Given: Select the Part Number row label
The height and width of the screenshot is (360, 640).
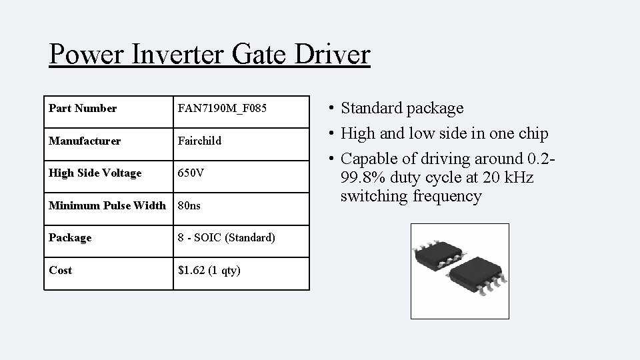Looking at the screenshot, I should pos(83,108).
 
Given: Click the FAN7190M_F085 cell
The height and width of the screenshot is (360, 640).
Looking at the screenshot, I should pos(222,108).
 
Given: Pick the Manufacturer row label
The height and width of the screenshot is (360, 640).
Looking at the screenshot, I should pos(85,141).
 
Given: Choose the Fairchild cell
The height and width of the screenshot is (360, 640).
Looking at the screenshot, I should pos(199,141).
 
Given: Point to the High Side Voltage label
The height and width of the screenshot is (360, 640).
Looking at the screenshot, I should pos(95,173).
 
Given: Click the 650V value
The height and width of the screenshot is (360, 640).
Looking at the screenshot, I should pos(191,173).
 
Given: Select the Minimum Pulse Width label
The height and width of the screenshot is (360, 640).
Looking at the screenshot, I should pos(107,205).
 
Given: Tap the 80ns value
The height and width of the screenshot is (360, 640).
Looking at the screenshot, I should pos(189,205).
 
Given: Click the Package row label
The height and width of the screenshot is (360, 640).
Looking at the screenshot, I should pos(70,237).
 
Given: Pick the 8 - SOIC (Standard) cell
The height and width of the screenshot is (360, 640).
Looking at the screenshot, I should pos(227,237).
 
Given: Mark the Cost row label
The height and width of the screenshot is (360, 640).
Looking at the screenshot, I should pos(61,270).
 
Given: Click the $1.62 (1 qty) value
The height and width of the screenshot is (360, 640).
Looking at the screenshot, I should pos(209,270).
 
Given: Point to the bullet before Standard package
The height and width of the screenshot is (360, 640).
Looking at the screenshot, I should pos(331,109).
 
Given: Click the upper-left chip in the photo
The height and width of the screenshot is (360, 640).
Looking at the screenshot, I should pos(439,253).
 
